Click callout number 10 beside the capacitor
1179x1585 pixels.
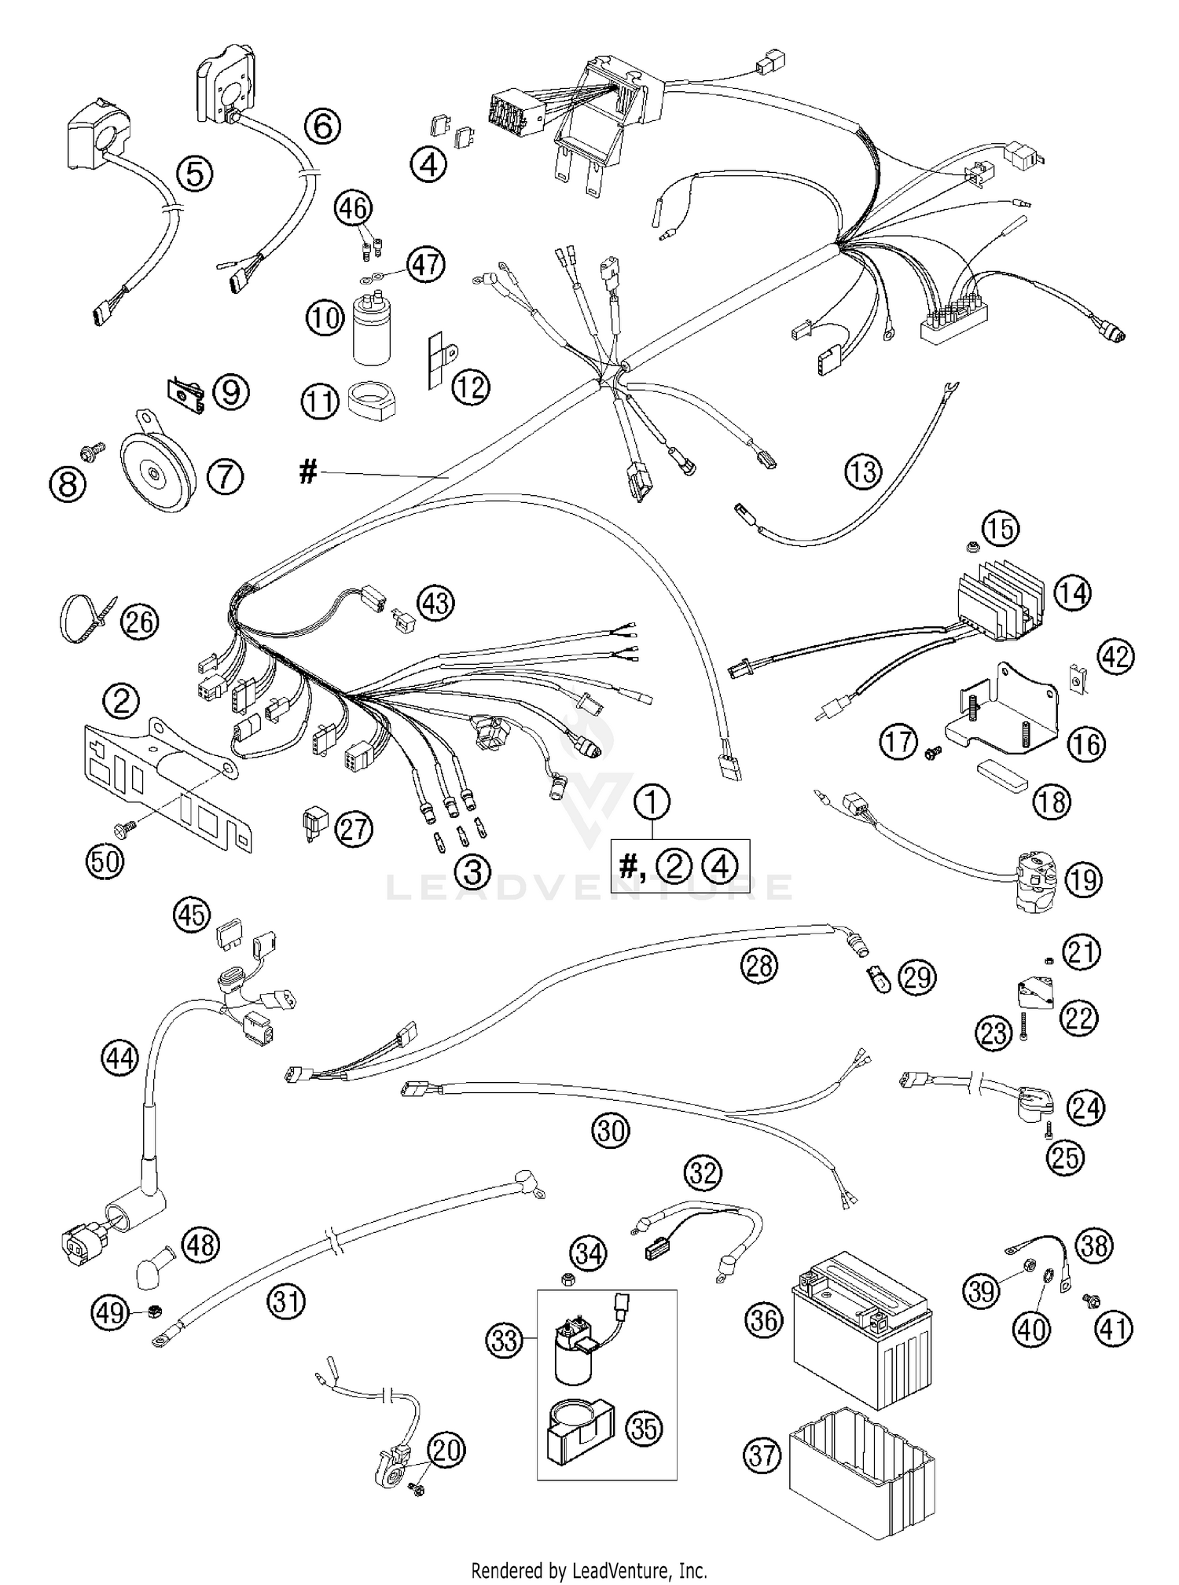(x=325, y=317)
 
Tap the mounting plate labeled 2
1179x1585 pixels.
(x=165, y=778)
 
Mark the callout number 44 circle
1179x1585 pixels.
(x=120, y=1059)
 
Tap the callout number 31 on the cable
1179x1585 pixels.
(x=285, y=1302)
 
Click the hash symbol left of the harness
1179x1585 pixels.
(x=308, y=472)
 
